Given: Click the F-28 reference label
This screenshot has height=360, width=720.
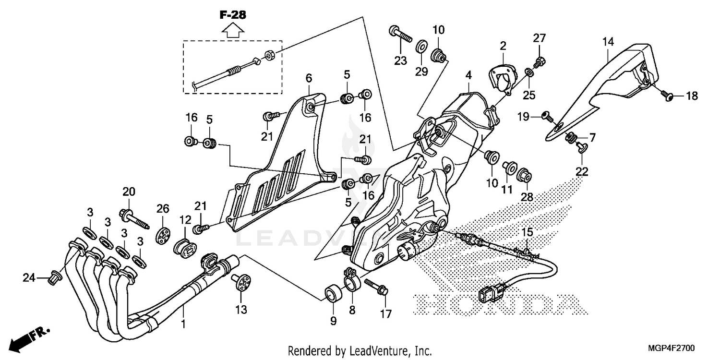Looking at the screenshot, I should click(x=233, y=15).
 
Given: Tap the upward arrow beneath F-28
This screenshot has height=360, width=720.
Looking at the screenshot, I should click(x=233, y=31).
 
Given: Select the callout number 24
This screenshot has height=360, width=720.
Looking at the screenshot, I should click(x=29, y=277).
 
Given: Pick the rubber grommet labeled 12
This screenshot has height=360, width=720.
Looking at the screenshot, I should click(x=185, y=243).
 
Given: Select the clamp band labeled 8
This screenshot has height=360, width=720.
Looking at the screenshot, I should click(x=352, y=285).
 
